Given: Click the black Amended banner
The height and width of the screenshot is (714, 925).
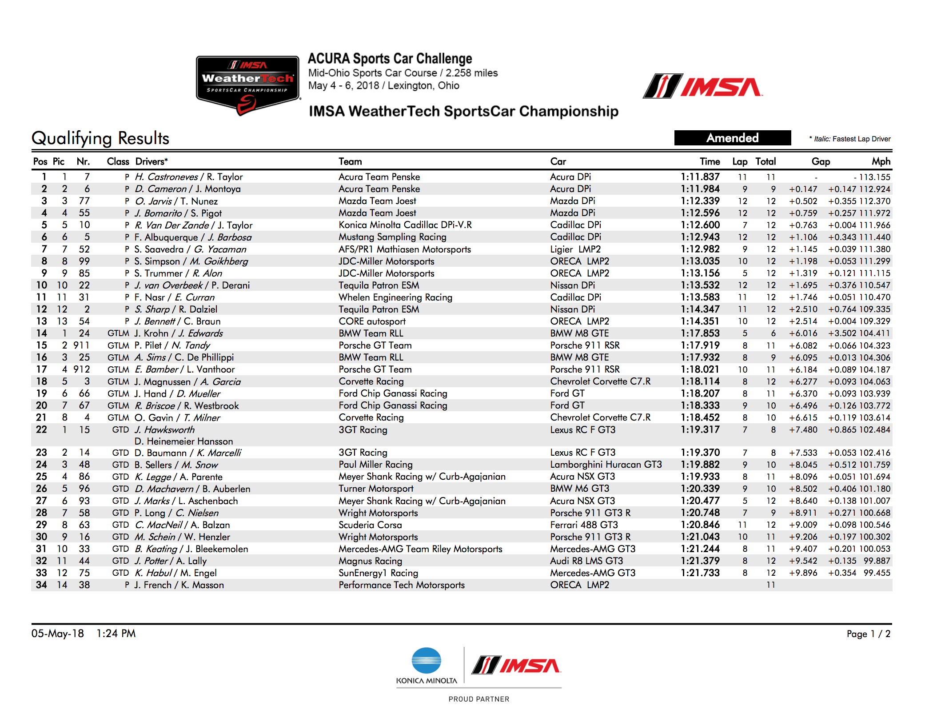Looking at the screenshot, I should coord(732,138).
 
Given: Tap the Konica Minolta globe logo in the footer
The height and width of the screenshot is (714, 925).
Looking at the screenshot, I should coord(426,661).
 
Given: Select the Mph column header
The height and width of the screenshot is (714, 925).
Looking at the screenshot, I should coord(881,161).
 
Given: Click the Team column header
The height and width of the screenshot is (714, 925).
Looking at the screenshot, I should coord(350,161).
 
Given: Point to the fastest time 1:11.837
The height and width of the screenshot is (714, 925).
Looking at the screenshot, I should coord(700,177).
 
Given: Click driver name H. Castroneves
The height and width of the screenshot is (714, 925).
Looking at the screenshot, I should coord(167,177).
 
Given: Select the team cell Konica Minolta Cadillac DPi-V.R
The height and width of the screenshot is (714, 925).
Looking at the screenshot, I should coord(405,225).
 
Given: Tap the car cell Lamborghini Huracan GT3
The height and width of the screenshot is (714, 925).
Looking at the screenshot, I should coord(606,465).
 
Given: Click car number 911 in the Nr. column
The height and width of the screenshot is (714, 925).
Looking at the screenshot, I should coord(81,345).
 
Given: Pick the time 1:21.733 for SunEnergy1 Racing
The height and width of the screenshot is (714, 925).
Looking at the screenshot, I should coord(700,573).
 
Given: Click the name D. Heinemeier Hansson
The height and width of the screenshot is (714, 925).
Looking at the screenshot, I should coord(183,441).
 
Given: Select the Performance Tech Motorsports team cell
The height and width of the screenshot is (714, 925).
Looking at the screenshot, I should coord(401,585).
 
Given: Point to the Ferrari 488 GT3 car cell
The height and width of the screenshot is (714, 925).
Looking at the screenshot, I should coord(584,525).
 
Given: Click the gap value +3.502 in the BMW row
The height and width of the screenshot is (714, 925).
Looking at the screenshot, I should coord(841,333).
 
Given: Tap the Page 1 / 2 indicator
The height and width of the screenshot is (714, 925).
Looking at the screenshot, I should coord(868,634).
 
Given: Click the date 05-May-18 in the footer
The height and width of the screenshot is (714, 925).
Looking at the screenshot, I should coord(57,634).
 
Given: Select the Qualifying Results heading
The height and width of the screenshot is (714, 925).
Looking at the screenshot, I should coord(100,138).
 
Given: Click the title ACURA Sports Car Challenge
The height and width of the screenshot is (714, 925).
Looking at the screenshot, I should coord(390,59).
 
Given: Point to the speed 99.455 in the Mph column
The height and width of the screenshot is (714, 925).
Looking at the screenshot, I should coord(877,573).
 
